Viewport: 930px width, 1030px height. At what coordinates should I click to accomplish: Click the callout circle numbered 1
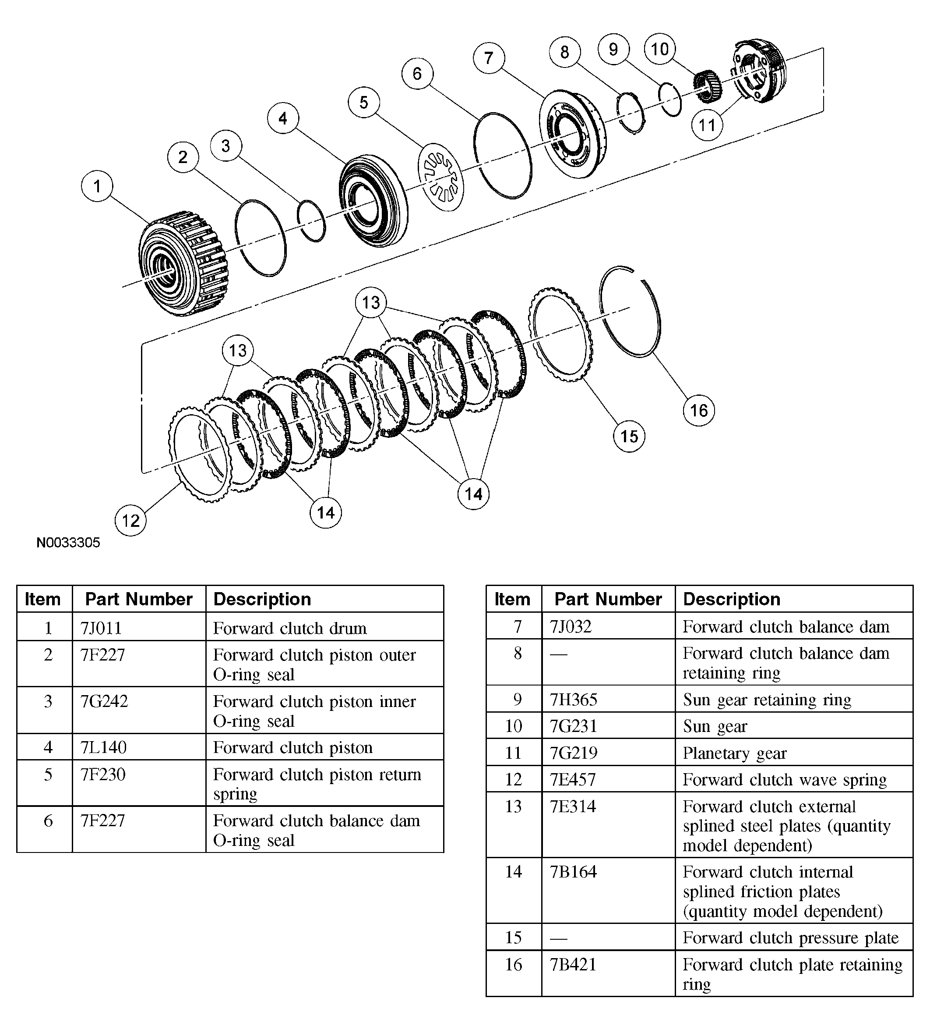coord(96,186)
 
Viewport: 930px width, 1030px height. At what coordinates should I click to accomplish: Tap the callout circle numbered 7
coord(489,58)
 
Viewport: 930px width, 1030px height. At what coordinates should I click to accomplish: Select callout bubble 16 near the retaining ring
coord(698,410)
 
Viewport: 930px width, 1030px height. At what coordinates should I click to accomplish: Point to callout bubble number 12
coord(130,520)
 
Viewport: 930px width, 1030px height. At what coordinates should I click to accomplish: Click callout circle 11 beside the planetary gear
coord(707,124)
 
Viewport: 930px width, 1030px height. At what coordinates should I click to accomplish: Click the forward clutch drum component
coord(183,263)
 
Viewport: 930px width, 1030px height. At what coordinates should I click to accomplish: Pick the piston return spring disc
coord(440,177)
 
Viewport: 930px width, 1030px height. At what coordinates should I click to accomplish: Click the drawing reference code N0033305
coord(68,543)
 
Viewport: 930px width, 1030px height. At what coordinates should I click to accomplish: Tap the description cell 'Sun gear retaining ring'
coord(767,700)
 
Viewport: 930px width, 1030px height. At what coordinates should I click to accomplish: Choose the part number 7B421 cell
coord(573,964)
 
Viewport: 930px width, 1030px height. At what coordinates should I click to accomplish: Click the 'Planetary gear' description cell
coord(735,753)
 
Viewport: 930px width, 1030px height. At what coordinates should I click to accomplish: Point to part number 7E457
coord(573,779)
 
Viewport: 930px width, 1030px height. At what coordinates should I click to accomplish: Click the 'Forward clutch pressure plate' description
coord(790,938)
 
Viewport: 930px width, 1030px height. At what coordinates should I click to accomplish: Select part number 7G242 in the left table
coord(104,701)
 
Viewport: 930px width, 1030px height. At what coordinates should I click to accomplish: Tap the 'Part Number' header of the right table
coord(608,599)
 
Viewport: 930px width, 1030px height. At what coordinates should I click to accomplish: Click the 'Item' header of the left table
coord(43,599)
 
